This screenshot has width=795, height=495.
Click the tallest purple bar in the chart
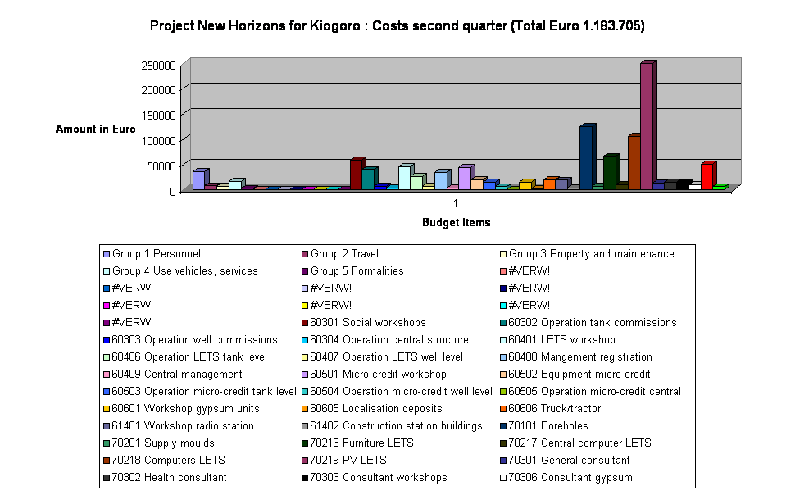[646, 127]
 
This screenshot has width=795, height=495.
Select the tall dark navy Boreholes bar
[586, 157]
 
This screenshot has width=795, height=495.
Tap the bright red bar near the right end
[706, 175]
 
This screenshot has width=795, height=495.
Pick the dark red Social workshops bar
[356, 173]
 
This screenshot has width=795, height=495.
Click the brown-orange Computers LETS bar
[634, 162]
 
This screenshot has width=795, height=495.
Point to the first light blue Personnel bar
[198, 179]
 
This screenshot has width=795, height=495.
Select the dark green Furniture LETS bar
[610, 171]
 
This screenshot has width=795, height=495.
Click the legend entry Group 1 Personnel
[156, 254]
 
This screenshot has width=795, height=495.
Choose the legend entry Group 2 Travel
[344, 254]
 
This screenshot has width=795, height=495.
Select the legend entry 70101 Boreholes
[552, 426]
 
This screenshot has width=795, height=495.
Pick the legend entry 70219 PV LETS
[348, 461]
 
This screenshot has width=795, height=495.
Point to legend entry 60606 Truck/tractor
[554, 409]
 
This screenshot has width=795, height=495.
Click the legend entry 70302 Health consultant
[169, 478]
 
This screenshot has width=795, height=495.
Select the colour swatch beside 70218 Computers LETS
[106, 461]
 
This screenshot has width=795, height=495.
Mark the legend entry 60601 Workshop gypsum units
[185, 409]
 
